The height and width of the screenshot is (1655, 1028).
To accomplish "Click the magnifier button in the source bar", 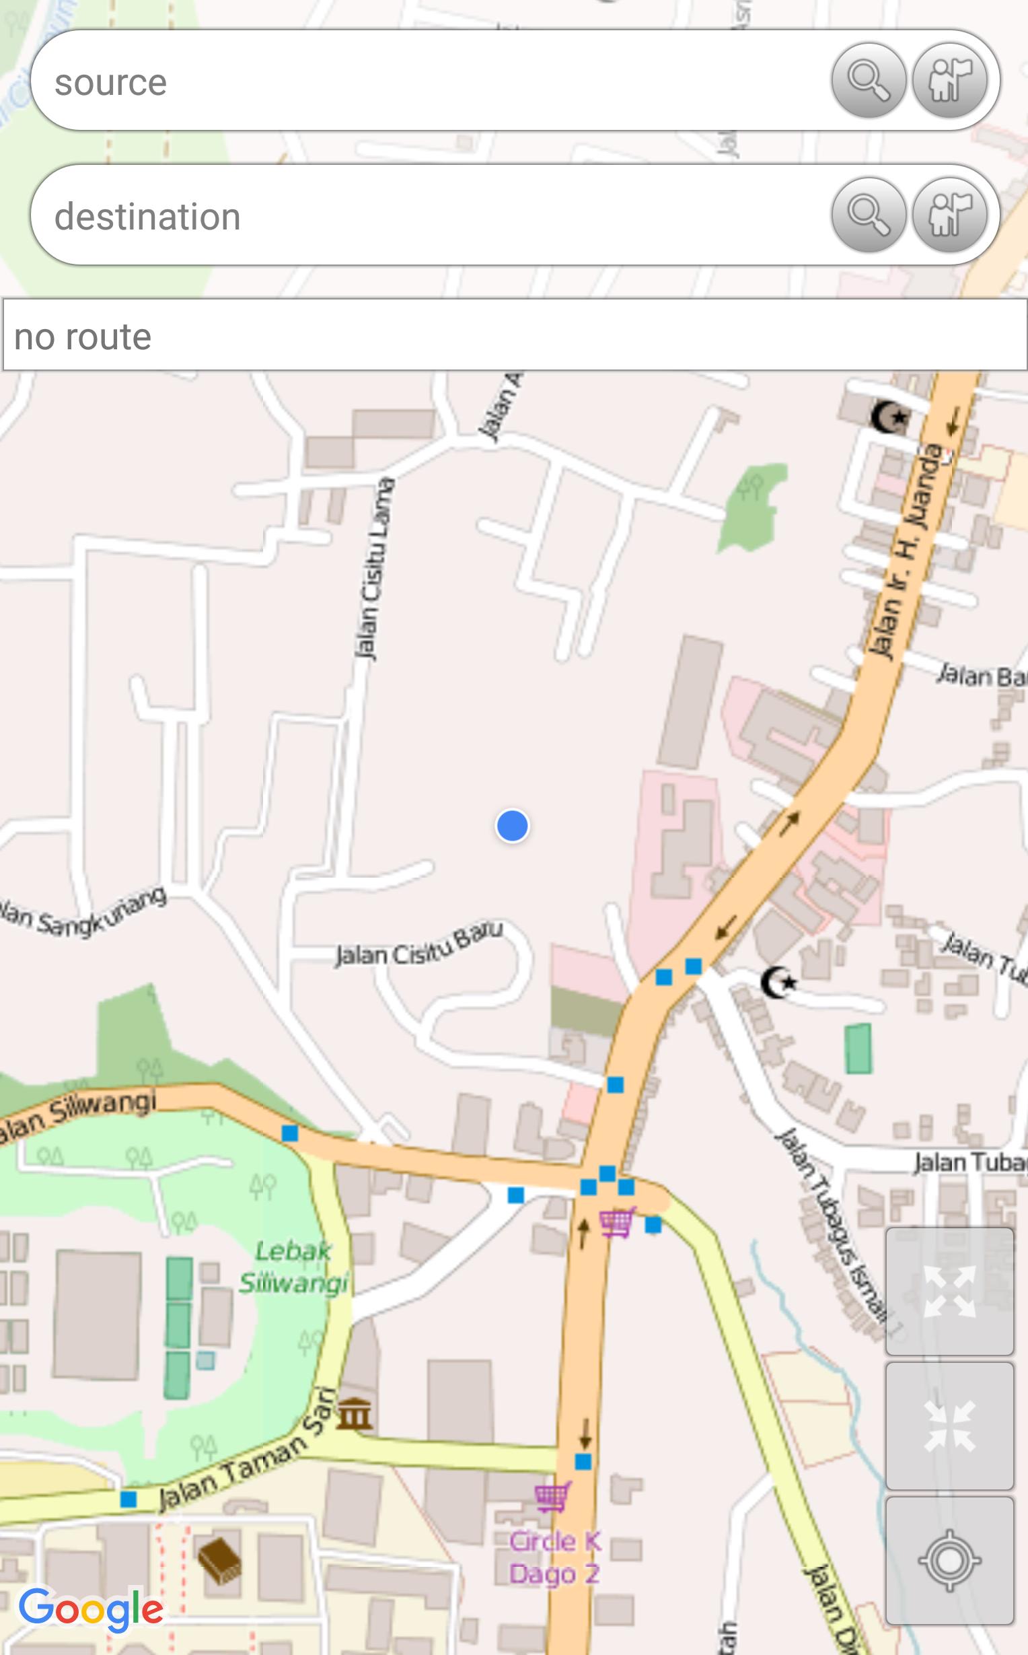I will pos(869,80).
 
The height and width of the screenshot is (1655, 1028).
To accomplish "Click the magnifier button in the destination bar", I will pos(869,215).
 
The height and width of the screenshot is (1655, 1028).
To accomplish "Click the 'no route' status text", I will pos(83,337).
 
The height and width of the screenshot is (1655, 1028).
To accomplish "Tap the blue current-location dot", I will pos(512,825).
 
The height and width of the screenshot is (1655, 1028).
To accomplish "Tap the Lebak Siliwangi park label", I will pos(294,1266).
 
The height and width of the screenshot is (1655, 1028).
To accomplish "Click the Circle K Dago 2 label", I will pos(555,1557).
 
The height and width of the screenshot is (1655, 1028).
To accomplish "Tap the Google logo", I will pos(90,1608).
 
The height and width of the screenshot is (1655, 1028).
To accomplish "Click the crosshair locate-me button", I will pos(949,1561).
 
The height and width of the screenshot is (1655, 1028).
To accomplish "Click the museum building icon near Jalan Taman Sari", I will pos(355,1415).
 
